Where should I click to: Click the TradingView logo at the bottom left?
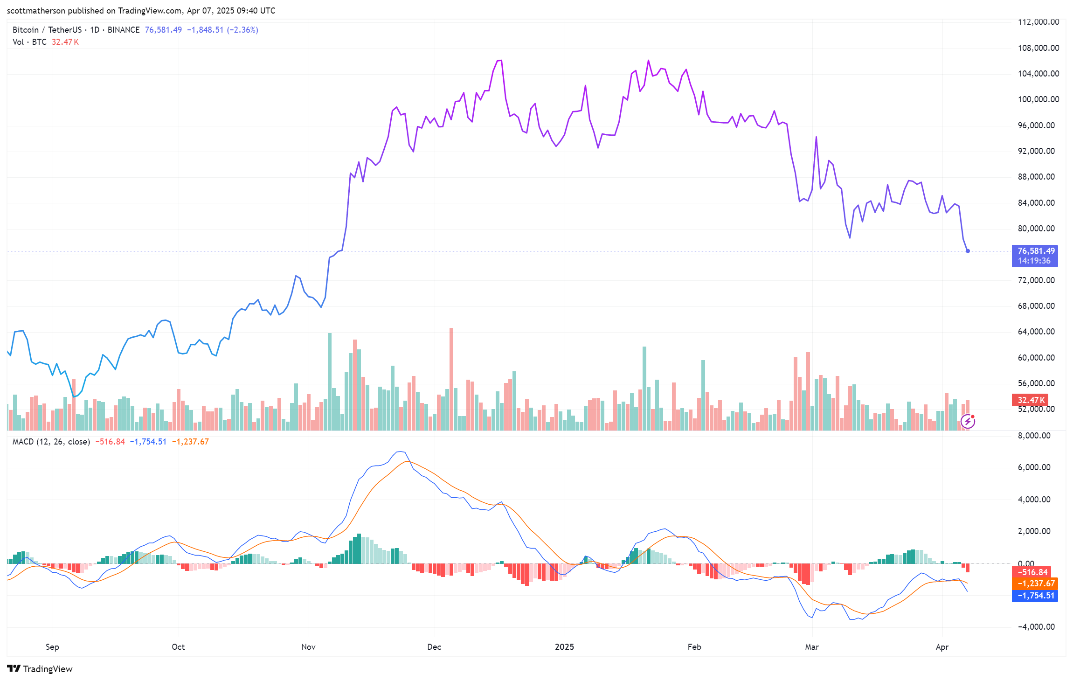40,669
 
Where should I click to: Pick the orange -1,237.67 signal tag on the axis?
1034,584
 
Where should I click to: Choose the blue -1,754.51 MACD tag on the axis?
1034,596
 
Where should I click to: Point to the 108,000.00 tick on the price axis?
1038,48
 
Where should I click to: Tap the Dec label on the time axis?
434,647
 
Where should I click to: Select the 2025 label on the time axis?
564,647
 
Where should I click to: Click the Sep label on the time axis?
52,647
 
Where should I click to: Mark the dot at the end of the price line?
968,251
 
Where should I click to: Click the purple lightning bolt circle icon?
968,422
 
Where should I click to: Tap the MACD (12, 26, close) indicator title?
51,442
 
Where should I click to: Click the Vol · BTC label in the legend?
29,42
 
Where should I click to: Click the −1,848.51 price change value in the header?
205,30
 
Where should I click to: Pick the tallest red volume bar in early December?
451,379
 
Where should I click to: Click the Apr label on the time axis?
942,647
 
